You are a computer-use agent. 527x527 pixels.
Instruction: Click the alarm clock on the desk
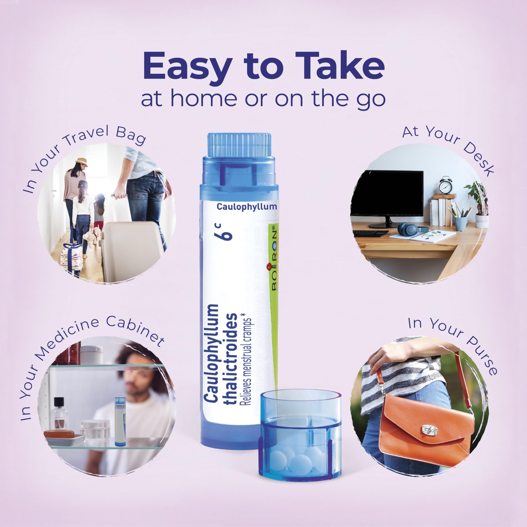[445, 186]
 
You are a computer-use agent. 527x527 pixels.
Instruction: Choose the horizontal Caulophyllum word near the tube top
[247, 207]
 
